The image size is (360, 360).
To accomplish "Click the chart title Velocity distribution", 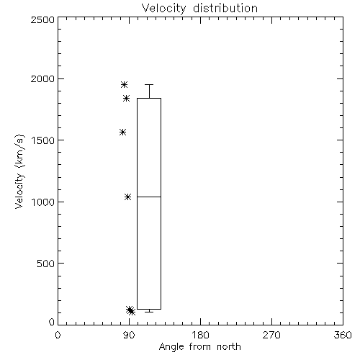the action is (199, 9).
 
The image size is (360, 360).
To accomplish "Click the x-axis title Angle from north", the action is (199, 346).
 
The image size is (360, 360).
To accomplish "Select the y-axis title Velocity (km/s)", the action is (19, 171).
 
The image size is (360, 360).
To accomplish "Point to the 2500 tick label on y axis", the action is (42, 19).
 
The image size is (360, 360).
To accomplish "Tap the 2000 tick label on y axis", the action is (42, 78).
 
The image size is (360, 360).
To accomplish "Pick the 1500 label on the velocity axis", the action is (43, 140).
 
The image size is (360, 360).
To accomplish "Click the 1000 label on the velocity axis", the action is (43, 202).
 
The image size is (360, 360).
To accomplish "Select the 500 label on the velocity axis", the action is (46, 264).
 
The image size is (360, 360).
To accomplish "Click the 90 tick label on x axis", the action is (129, 335).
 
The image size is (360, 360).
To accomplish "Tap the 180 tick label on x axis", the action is (200, 335).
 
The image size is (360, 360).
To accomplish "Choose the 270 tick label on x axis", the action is (271, 335).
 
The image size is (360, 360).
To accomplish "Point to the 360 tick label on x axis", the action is (343, 335).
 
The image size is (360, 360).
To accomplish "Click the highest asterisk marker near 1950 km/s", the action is (124, 84).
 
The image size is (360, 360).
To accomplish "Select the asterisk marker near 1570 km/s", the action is (123, 132).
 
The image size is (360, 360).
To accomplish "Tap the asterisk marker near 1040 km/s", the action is (127, 197).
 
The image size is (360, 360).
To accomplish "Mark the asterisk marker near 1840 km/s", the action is (127, 98).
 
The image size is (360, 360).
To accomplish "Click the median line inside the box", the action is (149, 197).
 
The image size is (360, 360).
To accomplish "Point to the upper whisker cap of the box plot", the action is (149, 84).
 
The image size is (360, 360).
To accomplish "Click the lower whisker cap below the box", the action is (149, 312).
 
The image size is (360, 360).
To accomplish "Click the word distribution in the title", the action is (225, 9).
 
